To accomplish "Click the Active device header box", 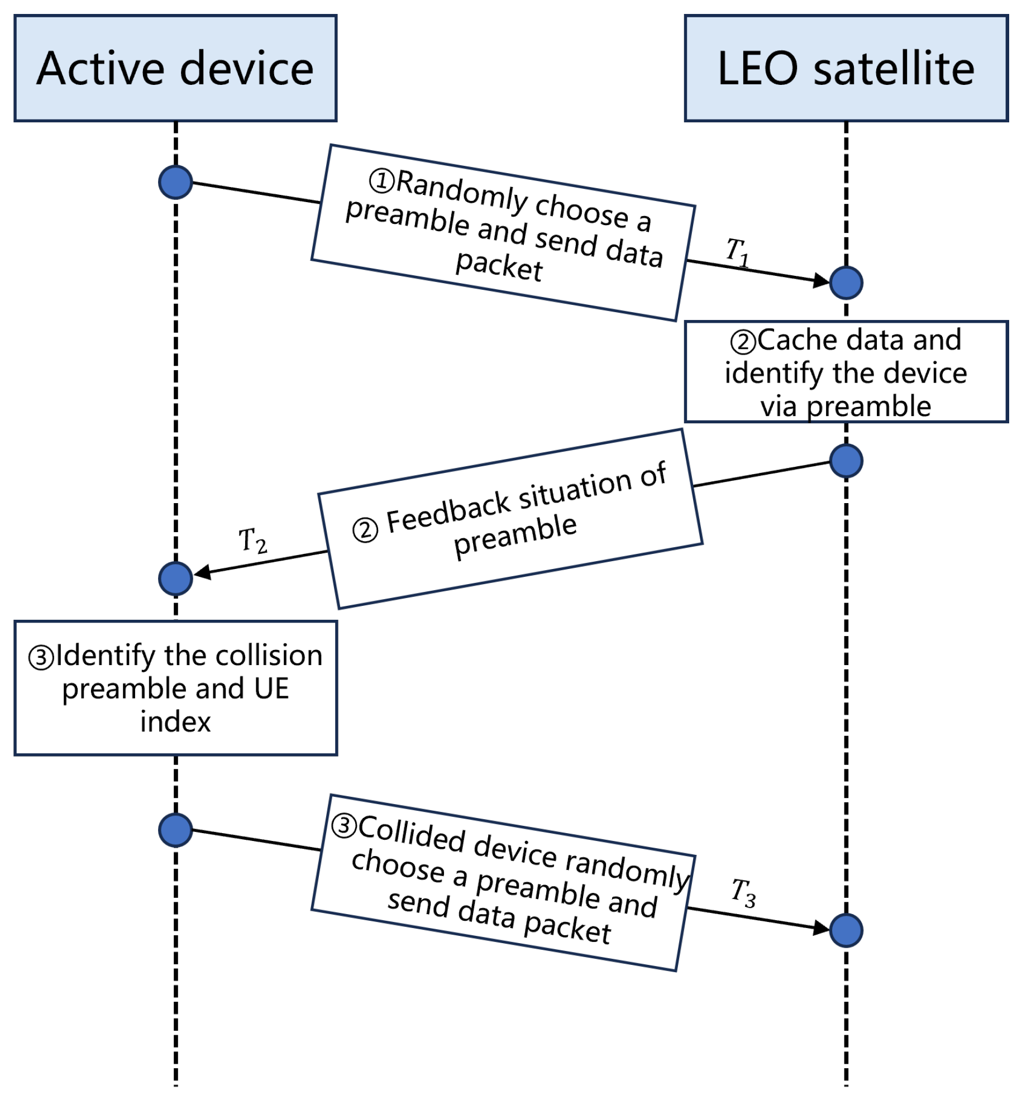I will (175, 68).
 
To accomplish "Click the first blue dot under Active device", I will (175, 182).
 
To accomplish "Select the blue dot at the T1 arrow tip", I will (845, 283).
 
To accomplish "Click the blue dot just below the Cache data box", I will (845, 461).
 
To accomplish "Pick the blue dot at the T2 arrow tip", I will (175, 578).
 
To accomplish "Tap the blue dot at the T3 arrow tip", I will (845, 930).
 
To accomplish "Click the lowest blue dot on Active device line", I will (175, 830).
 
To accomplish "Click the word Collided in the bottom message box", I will (411, 834).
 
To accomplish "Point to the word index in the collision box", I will (175, 721).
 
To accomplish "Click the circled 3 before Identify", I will (41, 657).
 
